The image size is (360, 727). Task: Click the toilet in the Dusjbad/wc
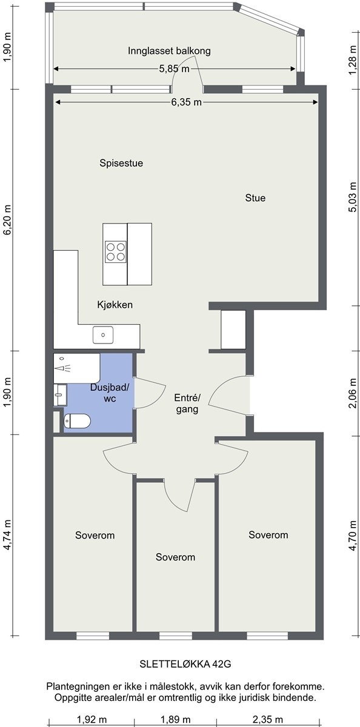(x=77, y=421)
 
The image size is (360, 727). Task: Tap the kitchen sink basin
(x=103, y=334)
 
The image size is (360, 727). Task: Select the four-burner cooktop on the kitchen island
(x=116, y=251)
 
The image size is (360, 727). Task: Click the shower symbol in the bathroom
(x=63, y=368)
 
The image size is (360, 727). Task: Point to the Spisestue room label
(x=121, y=163)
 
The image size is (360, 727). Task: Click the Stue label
(x=255, y=198)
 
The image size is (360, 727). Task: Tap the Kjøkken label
(x=115, y=305)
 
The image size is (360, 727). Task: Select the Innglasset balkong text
(x=169, y=51)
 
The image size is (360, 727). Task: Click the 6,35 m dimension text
(x=186, y=102)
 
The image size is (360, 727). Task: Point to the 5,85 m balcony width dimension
(x=175, y=69)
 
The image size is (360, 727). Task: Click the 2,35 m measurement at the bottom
(x=268, y=720)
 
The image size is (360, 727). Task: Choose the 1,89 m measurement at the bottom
(x=175, y=720)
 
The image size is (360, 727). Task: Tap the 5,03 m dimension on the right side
(x=353, y=198)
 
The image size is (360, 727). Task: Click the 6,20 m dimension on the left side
(x=7, y=220)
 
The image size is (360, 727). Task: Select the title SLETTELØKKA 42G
(x=185, y=665)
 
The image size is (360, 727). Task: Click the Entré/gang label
(x=187, y=403)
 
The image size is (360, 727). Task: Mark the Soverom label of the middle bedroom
(x=175, y=557)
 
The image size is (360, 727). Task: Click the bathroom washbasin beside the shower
(x=60, y=395)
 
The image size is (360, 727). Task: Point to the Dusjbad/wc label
(x=110, y=393)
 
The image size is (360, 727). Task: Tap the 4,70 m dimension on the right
(x=353, y=536)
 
